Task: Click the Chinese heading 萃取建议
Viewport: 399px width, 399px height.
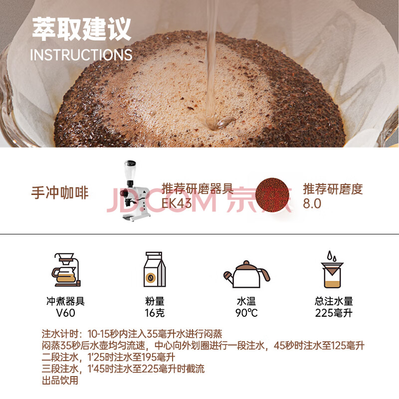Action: coord(81,29)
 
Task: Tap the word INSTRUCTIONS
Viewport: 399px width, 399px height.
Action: coord(81,55)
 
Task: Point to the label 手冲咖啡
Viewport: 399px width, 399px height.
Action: coord(60,193)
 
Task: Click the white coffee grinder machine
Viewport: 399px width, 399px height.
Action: coord(135,191)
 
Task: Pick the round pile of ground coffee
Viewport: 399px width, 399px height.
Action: coord(272,195)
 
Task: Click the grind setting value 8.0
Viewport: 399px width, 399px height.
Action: coord(312,203)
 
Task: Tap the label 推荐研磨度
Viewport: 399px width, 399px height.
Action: coord(333,189)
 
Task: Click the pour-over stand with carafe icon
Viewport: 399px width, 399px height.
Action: coord(66,269)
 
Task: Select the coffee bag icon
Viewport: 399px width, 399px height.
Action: coord(155,269)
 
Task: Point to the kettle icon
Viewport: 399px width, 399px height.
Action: coord(246,274)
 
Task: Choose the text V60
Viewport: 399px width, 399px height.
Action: coord(65,313)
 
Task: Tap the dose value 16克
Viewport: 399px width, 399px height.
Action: coord(155,313)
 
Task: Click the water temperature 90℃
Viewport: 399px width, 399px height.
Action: coord(246,313)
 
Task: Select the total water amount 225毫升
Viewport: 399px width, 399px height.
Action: coord(334,313)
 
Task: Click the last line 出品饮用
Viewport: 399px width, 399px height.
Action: coord(60,381)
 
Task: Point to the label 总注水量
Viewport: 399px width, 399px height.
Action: coord(334,301)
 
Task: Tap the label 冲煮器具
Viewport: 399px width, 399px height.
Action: coord(65,301)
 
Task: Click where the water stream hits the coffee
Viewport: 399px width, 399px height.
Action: coord(214,125)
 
